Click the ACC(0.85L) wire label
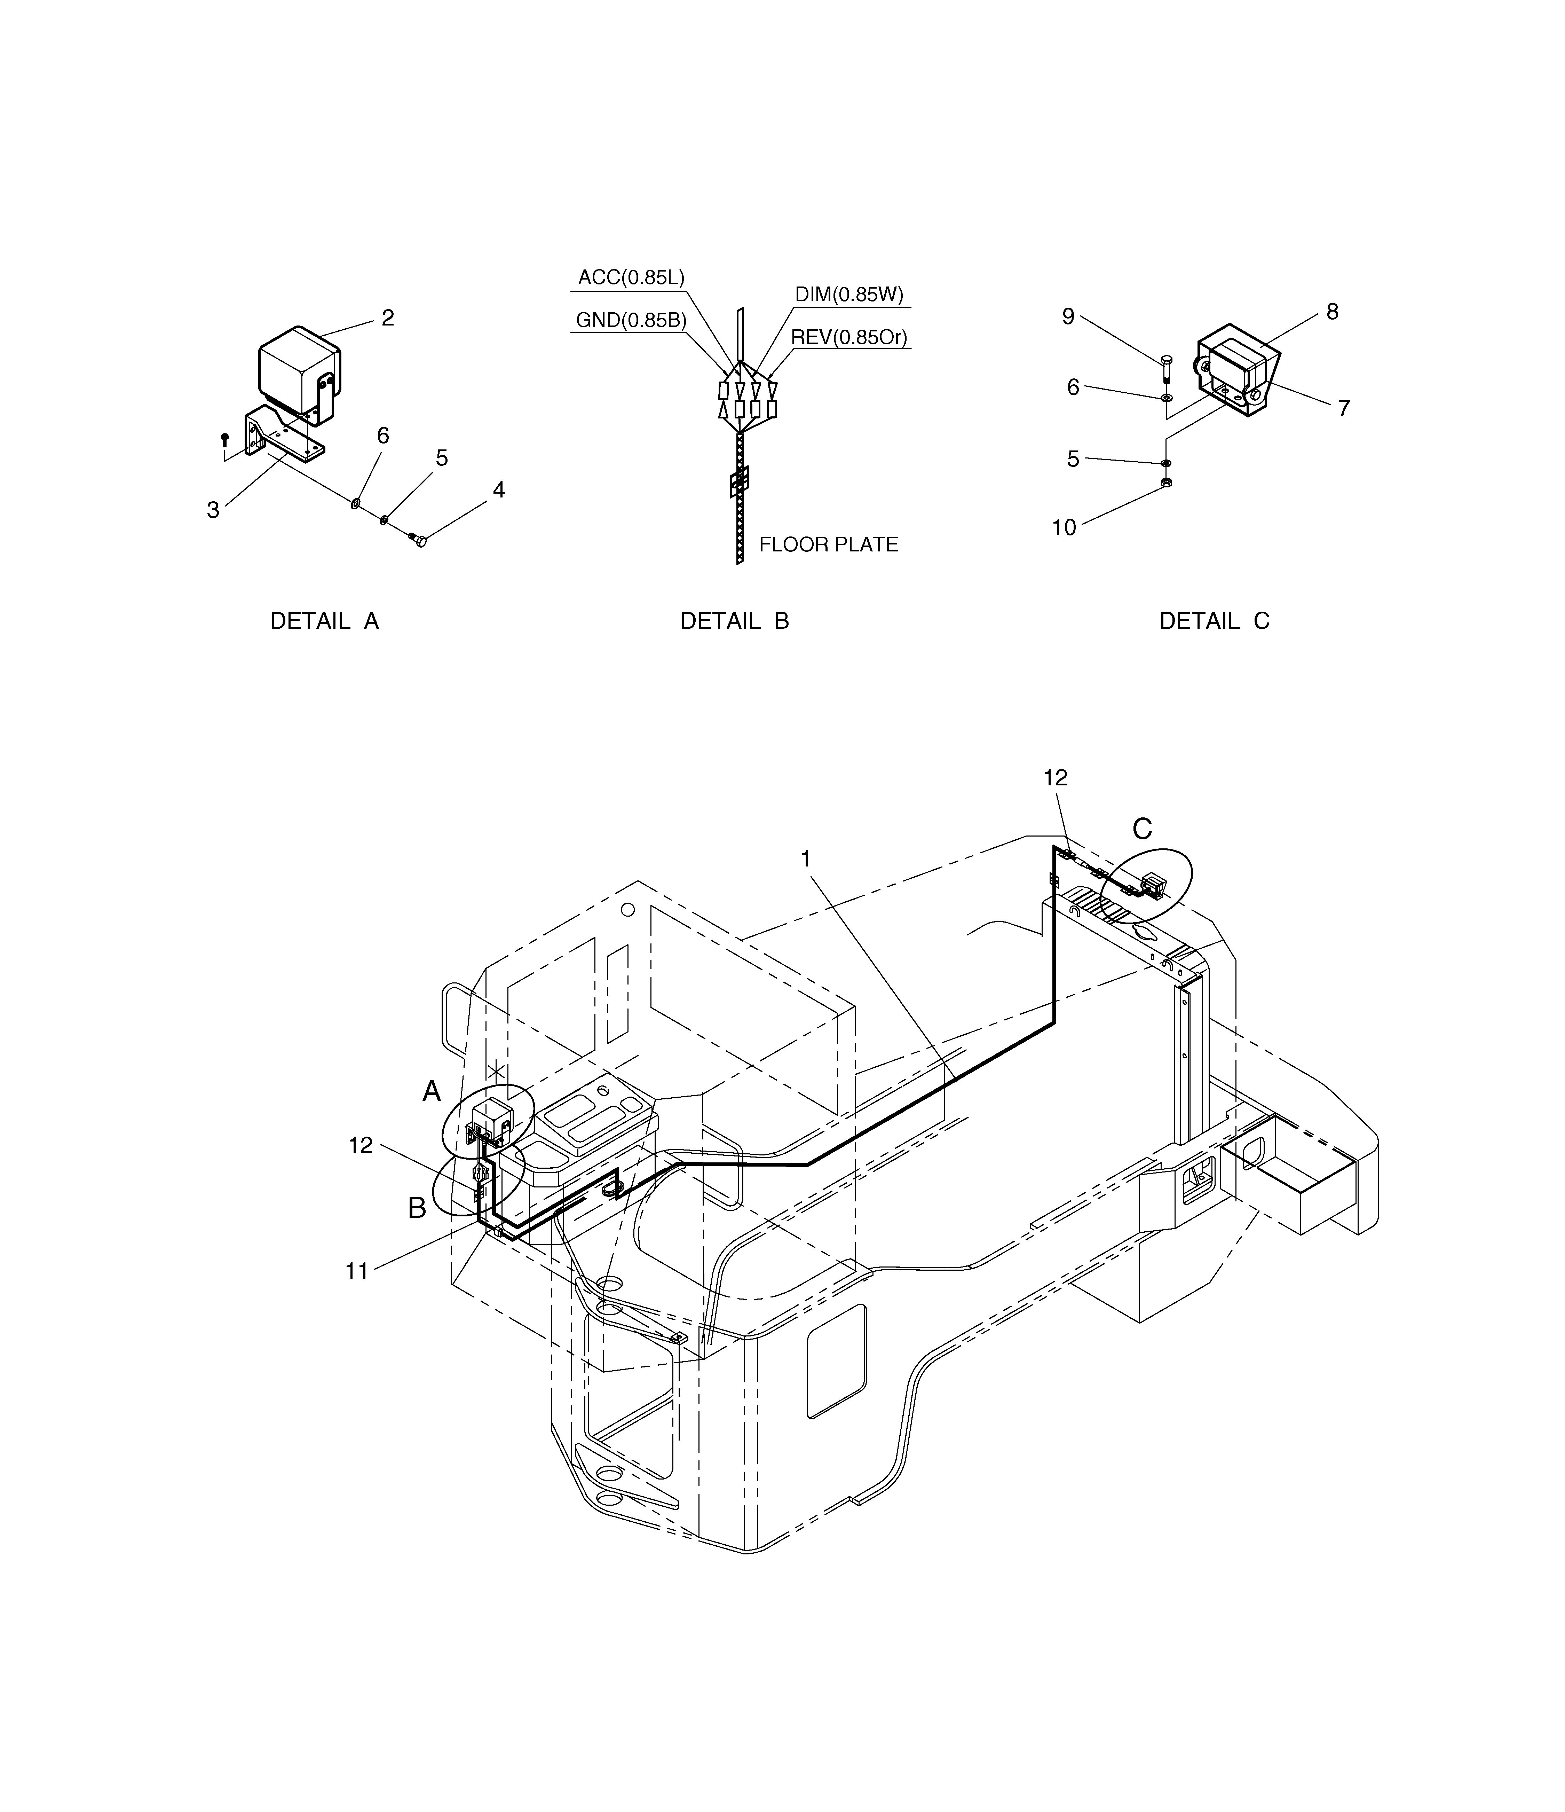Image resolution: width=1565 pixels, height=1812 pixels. (x=631, y=278)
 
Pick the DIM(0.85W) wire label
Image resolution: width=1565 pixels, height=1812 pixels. (x=849, y=295)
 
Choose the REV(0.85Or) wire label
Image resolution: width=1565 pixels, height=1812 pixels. (x=849, y=338)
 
